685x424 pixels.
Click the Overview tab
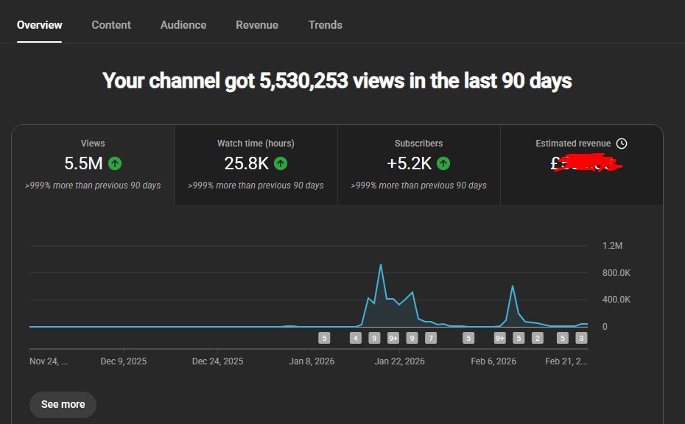40,25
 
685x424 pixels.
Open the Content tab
111,25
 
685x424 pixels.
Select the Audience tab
183,25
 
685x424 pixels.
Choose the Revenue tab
257,25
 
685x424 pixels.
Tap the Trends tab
326,25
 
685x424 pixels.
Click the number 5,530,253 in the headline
303,80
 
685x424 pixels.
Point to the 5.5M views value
84,163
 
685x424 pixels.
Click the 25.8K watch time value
246,163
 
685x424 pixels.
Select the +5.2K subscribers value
410,163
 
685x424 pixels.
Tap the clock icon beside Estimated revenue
622,144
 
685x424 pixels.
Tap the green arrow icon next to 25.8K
281,163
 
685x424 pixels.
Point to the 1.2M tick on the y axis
613,246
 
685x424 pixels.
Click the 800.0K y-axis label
616,273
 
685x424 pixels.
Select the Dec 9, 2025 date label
124,361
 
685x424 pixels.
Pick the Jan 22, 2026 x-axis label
399,361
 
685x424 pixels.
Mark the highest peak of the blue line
381,265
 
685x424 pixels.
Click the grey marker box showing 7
431,339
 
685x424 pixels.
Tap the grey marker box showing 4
356,339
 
